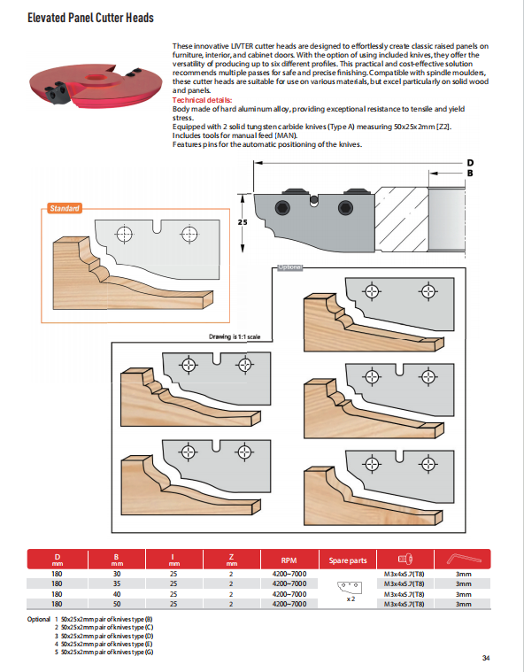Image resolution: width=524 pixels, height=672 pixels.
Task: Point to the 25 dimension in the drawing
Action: click(241, 223)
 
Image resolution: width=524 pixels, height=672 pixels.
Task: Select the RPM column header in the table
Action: click(289, 560)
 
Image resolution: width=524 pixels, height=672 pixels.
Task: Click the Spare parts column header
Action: click(348, 560)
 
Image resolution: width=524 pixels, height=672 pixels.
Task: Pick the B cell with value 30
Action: click(117, 575)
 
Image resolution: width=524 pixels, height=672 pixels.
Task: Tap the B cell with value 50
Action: click(117, 604)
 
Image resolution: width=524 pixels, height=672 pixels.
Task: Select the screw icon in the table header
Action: click(405, 559)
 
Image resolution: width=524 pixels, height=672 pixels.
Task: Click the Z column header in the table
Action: click(232, 559)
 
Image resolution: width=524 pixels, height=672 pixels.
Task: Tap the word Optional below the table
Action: click(39, 619)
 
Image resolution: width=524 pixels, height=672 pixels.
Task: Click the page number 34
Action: click(487, 657)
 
